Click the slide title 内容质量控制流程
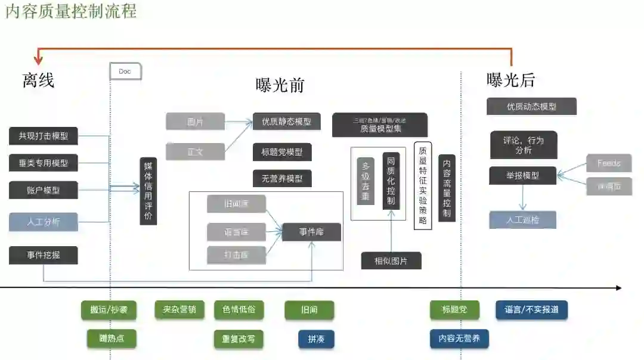pos(70,11)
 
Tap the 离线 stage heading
pos(39,80)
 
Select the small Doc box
pos(125,72)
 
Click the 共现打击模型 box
pos(44,136)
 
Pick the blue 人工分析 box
pos(44,222)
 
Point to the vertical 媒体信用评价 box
pos(148,191)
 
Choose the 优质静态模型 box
pos(286,122)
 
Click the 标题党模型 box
pos(282,152)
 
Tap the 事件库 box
pos(311,232)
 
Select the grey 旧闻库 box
pos(236,204)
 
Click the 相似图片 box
pos(391,260)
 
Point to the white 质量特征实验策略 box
pos(423,185)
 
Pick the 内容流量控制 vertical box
pos(447,188)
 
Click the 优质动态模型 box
pos(531,107)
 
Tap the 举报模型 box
pos(523,175)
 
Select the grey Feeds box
pos(609,163)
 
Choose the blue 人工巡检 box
pos(522,219)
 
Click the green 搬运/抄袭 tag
pos(109,310)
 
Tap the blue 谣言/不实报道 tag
pos(531,310)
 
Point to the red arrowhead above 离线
pos(39,60)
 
